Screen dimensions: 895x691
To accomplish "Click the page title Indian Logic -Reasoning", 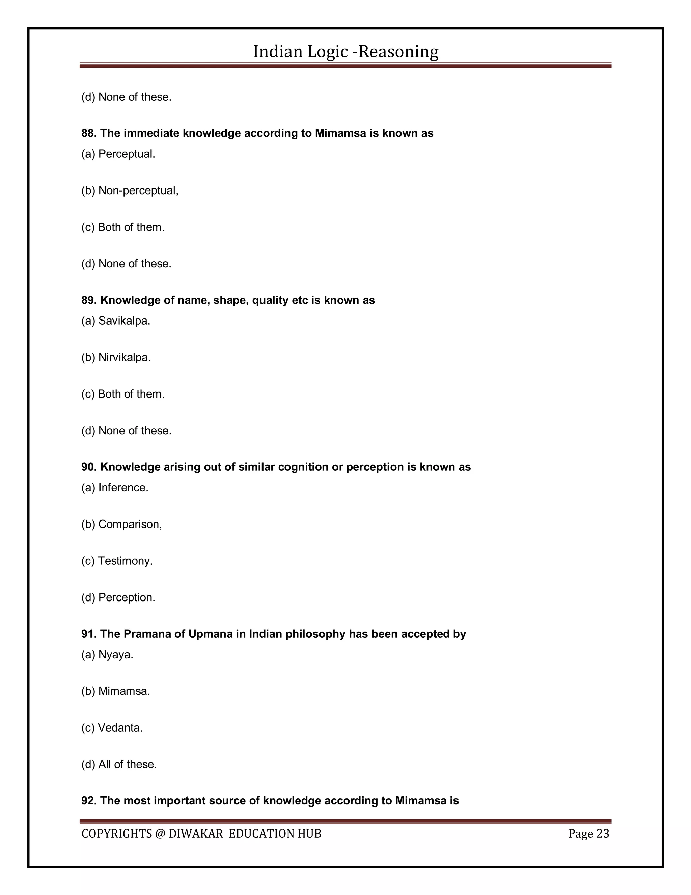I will tap(345, 52).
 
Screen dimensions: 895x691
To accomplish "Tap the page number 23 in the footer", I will tap(602, 834).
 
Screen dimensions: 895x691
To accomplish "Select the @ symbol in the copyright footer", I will tap(159, 834).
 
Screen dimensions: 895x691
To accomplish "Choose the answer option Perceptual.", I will tap(127, 154).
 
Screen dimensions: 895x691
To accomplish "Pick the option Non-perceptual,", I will tap(138, 190).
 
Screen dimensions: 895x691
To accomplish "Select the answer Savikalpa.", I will tap(124, 321).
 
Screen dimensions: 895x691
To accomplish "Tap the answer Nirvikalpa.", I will tap(125, 357).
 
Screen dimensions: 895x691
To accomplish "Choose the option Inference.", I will tap(123, 488).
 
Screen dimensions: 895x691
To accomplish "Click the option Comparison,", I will tap(130, 524).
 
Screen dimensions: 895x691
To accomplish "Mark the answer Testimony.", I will tap(125, 561).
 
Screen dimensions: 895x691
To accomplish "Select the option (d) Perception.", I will tap(127, 597).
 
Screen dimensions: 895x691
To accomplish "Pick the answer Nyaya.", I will tap(115, 655).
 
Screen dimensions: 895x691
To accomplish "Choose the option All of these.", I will tap(127, 764).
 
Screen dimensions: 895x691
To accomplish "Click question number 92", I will tap(88, 801).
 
